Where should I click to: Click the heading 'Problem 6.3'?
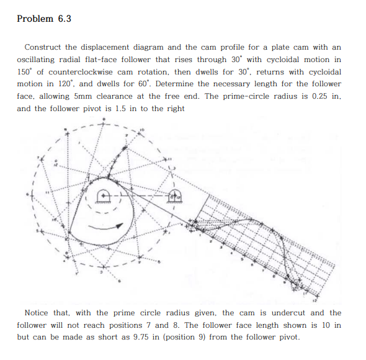point(44,19)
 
